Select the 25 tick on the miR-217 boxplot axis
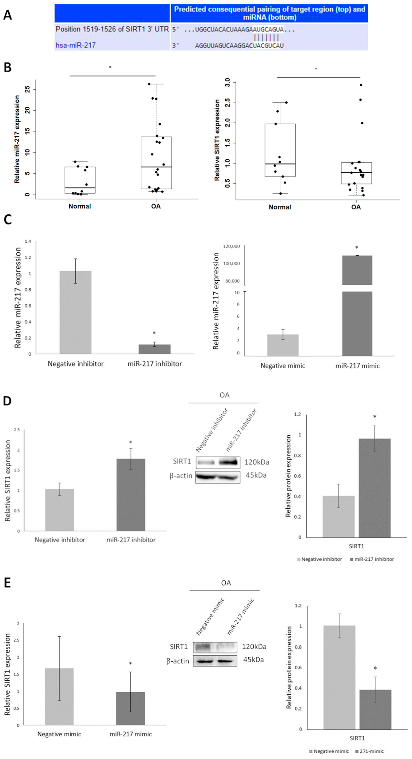pos(28,89)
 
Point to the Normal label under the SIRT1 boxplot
pos(280,207)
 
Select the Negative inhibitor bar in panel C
pos(76,312)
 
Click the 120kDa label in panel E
pos(254,647)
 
